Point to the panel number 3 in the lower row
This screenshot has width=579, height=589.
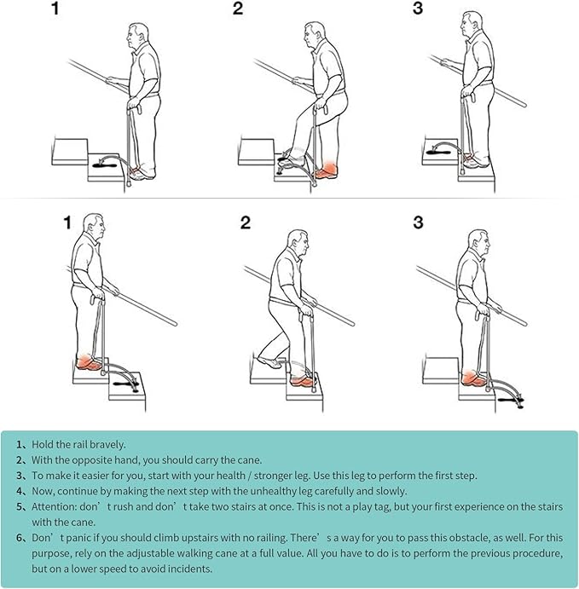click(x=418, y=222)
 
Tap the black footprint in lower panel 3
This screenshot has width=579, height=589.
click(x=510, y=396)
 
